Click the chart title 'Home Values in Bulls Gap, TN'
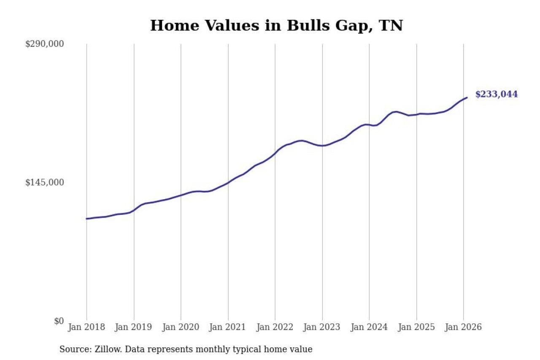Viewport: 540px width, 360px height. click(x=276, y=25)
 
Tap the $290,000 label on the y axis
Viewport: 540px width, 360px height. click(x=44, y=44)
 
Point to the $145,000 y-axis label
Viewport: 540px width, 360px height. click(x=44, y=182)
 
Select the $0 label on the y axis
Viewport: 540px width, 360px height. click(x=59, y=321)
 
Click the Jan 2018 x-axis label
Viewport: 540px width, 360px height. click(x=86, y=327)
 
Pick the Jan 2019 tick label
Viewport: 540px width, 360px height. click(x=134, y=327)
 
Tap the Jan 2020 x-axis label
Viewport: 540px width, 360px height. click(x=181, y=327)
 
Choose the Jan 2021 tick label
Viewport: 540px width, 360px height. click(x=228, y=327)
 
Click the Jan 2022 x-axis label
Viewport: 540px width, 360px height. click(x=275, y=327)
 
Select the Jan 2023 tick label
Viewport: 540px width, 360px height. click(x=322, y=327)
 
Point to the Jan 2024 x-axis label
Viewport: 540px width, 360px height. click(x=369, y=327)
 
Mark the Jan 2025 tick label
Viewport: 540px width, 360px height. click(x=416, y=327)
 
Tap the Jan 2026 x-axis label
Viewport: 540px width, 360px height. click(x=464, y=327)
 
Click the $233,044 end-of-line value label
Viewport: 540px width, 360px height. click(x=496, y=95)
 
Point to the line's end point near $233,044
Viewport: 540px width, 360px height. click(x=467, y=97)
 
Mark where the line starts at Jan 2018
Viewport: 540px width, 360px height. click(x=86, y=219)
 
